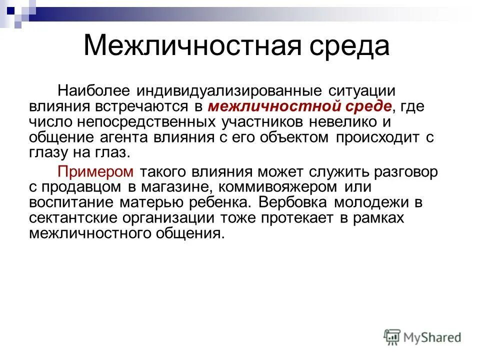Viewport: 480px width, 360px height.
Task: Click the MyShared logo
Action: [x=422, y=337]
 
